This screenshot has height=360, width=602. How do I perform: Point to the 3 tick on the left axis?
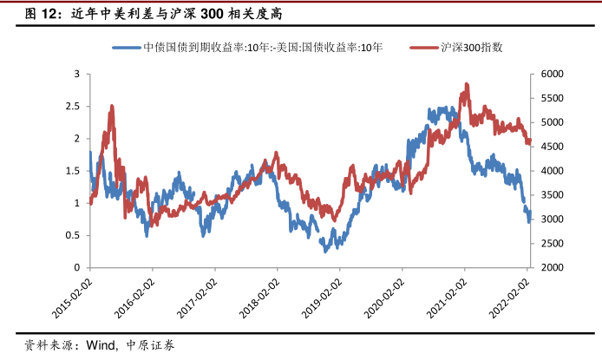(76, 75)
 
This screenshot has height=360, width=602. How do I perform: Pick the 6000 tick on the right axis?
(551, 75)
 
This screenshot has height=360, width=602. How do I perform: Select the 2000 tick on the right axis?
(551, 267)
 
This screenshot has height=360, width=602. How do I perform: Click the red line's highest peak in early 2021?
(468, 84)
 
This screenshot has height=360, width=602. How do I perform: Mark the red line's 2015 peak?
(112, 106)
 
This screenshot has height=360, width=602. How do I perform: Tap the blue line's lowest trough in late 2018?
(325, 251)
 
